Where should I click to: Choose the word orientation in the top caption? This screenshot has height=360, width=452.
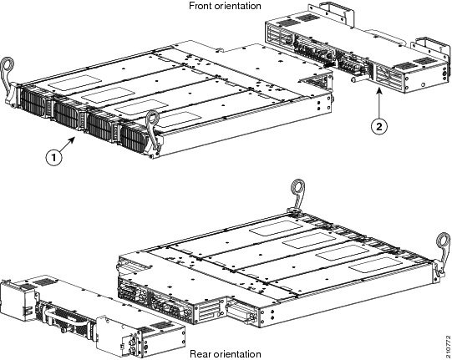point(235,7)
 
